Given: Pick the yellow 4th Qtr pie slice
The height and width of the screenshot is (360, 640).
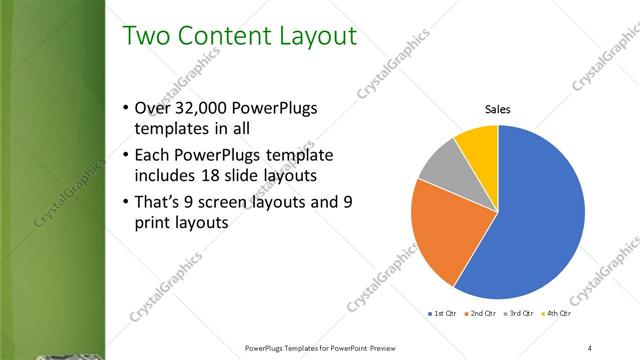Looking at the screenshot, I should (x=478, y=144).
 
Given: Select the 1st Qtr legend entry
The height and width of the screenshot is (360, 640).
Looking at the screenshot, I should (x=442, y=313).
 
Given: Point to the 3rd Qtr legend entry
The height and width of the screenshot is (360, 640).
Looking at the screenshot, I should (x=520, y=313).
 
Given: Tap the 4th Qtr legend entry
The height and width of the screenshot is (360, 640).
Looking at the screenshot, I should (x=557, y=313).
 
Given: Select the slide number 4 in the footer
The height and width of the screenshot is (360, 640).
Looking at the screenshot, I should (x=590, y=348).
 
